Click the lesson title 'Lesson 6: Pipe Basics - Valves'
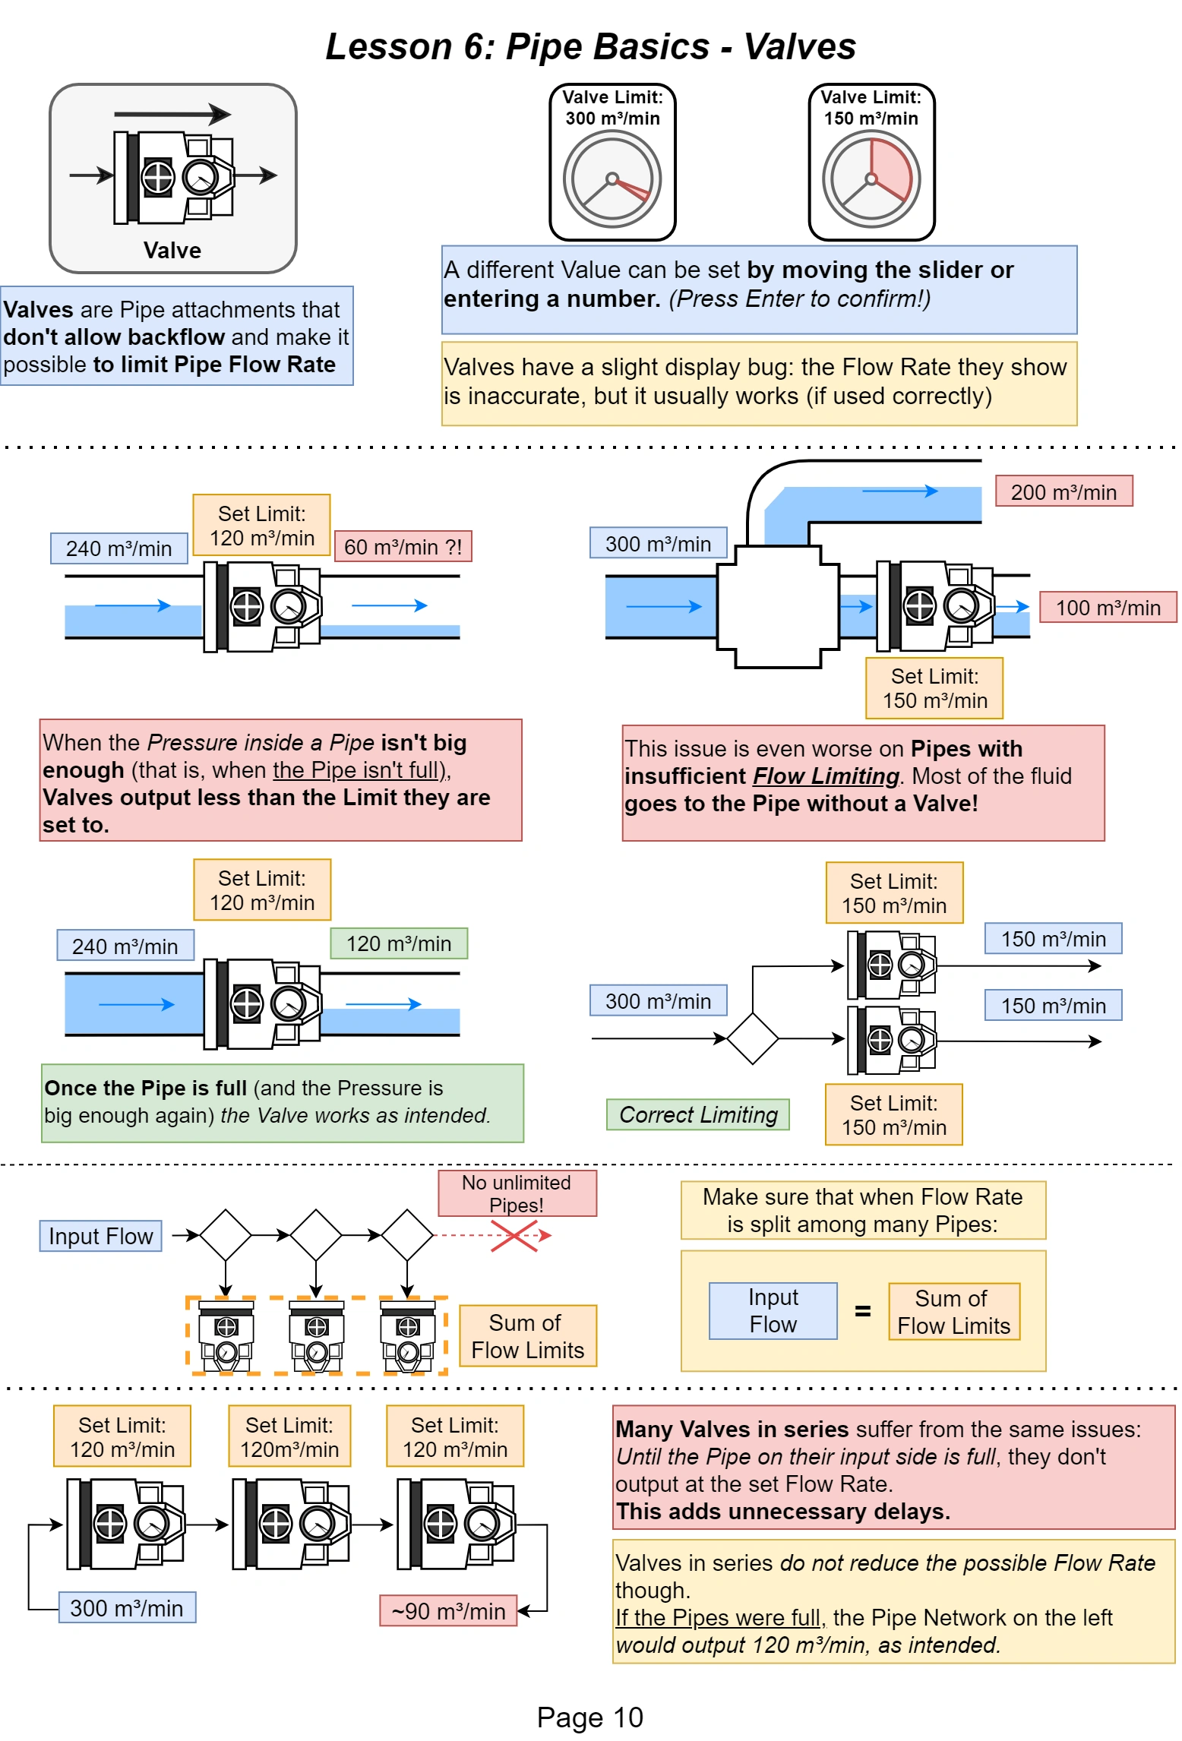pyautogui.click(x=590, y=46)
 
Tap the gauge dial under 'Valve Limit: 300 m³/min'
pyautogui.click(x=612, y=179)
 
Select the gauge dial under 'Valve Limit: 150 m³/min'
pyautogui.click(x=871, y=179)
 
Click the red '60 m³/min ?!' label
pyautogui.click(x=403, y=547)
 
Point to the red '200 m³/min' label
pyautogui.click(x=1063, y=491)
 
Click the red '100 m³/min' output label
pyautogui.click(x=1107, y=608)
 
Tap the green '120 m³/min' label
pyautogui.click(x=399, y=943)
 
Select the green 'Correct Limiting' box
pyautogui.click(x=697, y=1114)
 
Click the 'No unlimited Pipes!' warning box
pyautogui.click(x=517, y=1193)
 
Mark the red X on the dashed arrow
pyautogui.click(x=514, y=1236)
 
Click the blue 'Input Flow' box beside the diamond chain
pyautogui.click(x=100, y=1236)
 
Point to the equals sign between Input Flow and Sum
pyautogui.click(x=862, y=1311)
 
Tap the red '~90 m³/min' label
pyautogui.click(x=448, y=1610)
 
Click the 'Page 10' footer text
pyautogui.click(x=589, y=1717)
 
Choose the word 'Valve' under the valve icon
pyautogui.click(x=172, y=251)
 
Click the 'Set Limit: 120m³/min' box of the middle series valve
pyautogui.click(x=289, y=1436)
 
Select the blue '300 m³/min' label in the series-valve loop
pyautogui.click(x=127, y=1607)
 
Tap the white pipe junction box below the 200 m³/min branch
pyautogui.click(x=778, y=606)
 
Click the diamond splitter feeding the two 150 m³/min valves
pyautogui.click(x=752, y=1038)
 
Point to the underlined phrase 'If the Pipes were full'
pyautogui.click(x=717, y=1617)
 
